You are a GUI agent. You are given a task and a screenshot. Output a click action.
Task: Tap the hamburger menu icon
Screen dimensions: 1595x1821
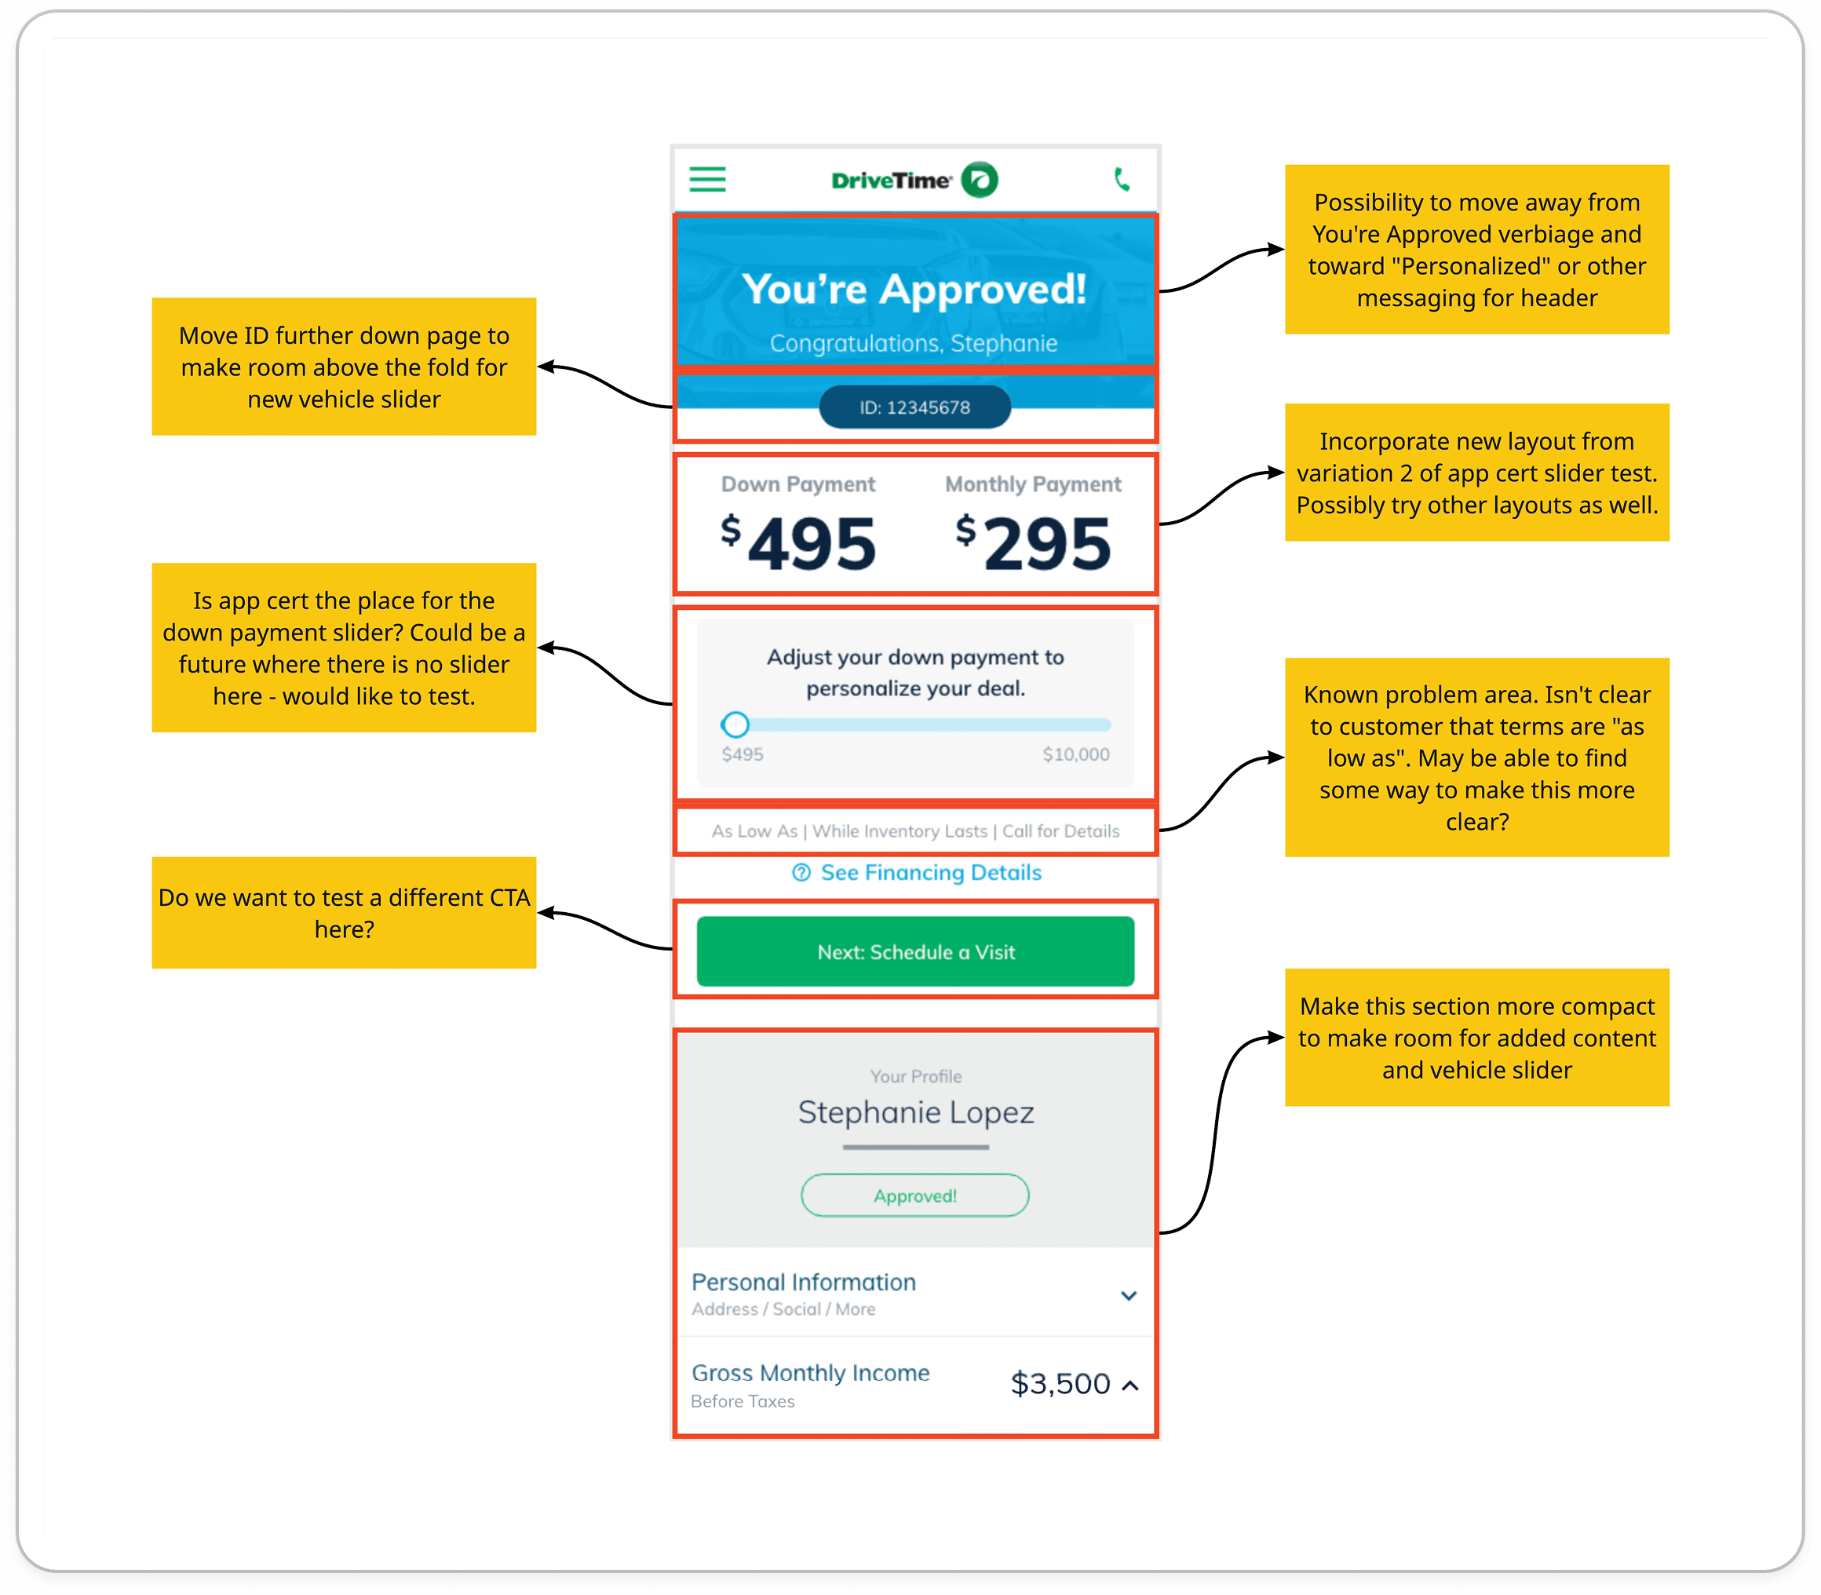[707, 180]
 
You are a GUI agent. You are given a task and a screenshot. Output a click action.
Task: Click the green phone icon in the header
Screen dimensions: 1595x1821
[1122, 180]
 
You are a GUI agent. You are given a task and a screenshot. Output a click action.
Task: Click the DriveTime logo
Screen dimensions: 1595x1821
[914, 180]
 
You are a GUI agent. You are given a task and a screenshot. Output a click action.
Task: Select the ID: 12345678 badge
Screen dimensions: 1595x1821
[914, 407]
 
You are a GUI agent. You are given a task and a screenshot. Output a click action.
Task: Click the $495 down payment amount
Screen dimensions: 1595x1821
[798, 543]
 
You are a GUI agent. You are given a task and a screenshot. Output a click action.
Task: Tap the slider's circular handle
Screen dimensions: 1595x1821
[735, 725]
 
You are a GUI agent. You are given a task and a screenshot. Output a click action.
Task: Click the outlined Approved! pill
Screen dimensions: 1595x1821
[915, 1195]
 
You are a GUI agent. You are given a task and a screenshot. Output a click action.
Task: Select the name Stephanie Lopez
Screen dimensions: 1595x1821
[916, 1112]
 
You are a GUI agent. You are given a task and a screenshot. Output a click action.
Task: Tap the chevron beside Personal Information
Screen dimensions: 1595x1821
[1129, 1296]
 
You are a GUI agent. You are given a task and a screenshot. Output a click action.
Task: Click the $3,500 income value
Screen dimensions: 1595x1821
[1060, 1384]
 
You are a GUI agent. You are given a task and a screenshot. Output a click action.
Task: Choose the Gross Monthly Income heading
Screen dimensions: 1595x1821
[810, 1374]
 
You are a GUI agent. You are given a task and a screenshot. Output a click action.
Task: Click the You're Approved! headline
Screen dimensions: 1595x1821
[914, 290]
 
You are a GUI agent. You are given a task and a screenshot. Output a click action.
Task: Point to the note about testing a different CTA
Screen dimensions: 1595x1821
[345, 913]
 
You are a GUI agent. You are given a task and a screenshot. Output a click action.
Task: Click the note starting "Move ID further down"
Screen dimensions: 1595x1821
[345, 367]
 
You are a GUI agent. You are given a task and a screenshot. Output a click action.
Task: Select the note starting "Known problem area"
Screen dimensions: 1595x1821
[1476, 757]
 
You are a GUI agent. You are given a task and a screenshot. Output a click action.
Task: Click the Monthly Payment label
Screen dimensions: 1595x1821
[1032, 484]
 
